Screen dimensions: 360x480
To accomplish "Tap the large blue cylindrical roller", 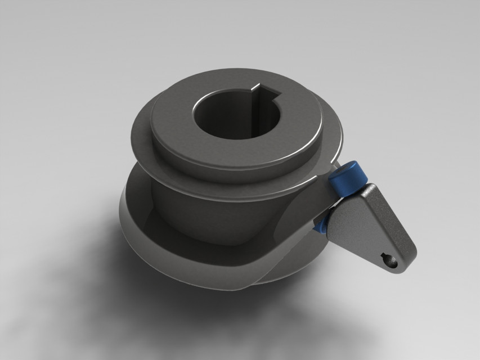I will pyautogui.click(x=344, y=179).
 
